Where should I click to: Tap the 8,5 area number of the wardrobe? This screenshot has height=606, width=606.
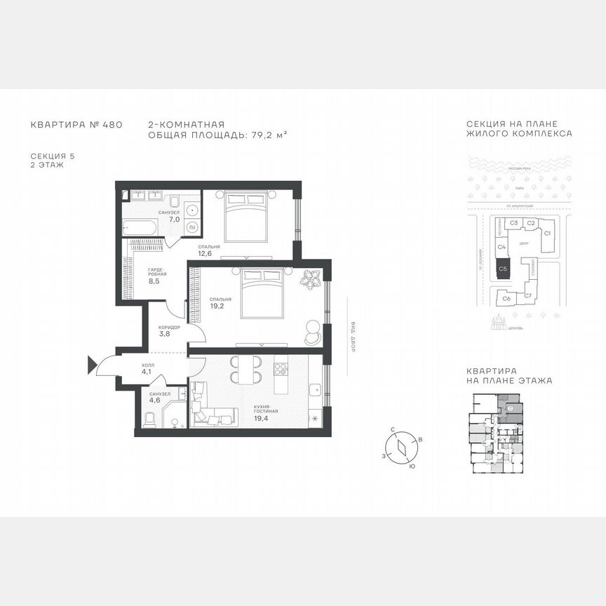154,281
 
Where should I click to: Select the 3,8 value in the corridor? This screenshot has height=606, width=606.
165,334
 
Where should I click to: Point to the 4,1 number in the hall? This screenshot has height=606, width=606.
147,372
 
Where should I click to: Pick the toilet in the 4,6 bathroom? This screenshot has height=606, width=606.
149,420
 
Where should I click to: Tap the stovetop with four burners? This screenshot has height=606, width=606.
281,368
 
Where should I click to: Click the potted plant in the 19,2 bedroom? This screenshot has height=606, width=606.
309,279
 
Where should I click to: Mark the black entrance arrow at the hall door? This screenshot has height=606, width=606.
92,363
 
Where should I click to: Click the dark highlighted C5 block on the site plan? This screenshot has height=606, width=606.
503,269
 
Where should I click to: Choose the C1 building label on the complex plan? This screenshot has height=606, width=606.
548,232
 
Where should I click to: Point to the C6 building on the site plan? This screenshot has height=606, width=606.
506,299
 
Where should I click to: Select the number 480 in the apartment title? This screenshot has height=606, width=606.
112,125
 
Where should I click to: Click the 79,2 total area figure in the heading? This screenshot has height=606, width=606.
262,133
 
